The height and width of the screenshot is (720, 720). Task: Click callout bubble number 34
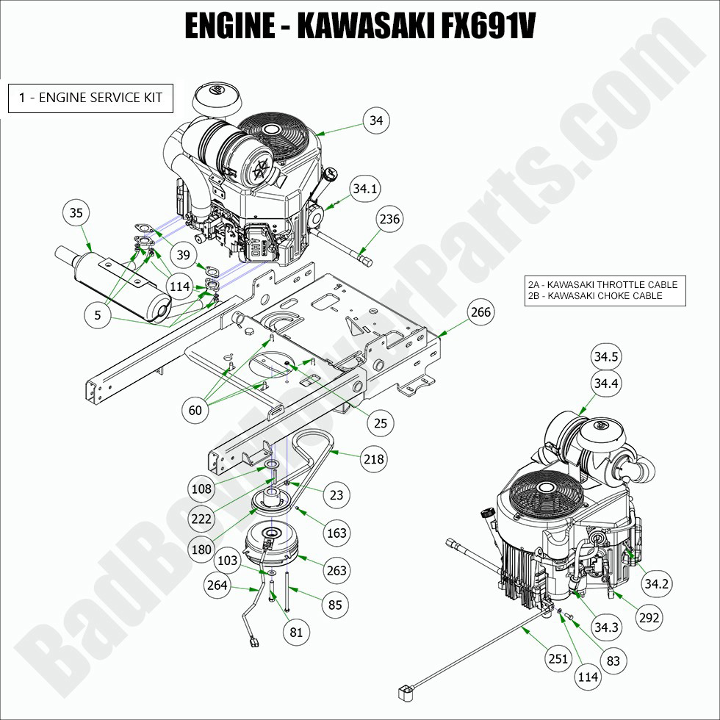tap(377, 120)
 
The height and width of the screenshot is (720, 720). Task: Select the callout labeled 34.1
tap(364, 189)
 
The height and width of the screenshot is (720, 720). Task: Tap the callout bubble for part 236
tap(390, 219)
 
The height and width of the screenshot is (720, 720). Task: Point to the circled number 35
tap(76, 214)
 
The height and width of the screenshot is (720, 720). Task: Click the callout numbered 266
tap(480, 312)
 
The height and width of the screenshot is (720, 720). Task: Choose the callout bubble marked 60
tap(195, 410)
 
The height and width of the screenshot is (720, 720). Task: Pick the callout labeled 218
tap(373, 458)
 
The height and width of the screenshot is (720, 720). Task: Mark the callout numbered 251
tap(558, 658)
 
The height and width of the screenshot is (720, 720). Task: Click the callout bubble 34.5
tap(606, 358)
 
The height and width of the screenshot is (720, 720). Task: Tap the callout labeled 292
tap(649, 618)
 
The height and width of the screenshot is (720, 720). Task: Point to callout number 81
tap(296, 631)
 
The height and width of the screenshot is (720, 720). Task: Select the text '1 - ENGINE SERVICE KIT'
tap(90, 97)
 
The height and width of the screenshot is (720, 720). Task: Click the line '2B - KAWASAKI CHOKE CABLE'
tap(595, 296)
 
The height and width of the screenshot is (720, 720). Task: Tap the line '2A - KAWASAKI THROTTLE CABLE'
tap(602, 285)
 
